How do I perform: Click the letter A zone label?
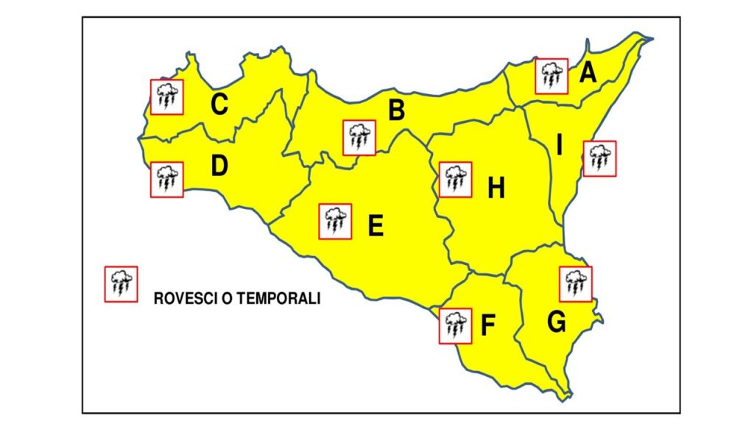point(587,74)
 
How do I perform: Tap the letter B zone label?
point(397,110)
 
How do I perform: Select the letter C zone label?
point(219,105)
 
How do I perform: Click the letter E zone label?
point(376,226)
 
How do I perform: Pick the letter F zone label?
point(487,326)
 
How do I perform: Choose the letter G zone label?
point(557,322)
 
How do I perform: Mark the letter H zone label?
point(496,188)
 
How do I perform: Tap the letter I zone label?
point(559,146)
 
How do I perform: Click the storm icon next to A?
point(552,76)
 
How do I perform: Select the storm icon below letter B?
point(359,138)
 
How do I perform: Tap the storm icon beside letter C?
point(166,96)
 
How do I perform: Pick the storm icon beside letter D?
point(166,180)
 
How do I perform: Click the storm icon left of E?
point(335,221)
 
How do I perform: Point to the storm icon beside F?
point(455,326)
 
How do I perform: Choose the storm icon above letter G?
point(575,284)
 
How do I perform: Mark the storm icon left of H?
point(455,180)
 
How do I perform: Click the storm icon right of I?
point(600,158)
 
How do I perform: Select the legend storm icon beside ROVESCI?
point(121,284)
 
